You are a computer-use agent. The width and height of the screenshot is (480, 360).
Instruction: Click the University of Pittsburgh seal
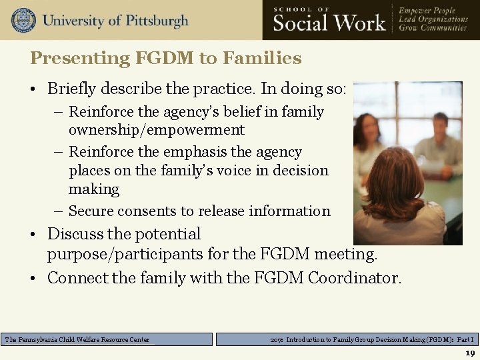pyautogui.click(x=23, y=20)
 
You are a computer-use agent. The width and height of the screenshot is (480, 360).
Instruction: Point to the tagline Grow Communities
pyautogui.click(x=433, y=29)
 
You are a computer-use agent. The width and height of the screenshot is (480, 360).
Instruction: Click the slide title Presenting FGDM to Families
pyautogui.click(x=165, y=58)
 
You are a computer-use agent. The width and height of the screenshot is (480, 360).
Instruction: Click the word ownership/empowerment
pyautogui.click(x=157, y=130)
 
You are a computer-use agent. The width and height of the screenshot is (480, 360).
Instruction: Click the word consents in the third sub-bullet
pyautogui.click(x=174, y=211)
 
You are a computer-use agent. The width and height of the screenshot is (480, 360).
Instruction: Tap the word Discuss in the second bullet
pyautogui.click(x=75, y=234)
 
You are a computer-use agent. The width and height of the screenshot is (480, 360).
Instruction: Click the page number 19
pyautogui.click(x=469, y=353)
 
